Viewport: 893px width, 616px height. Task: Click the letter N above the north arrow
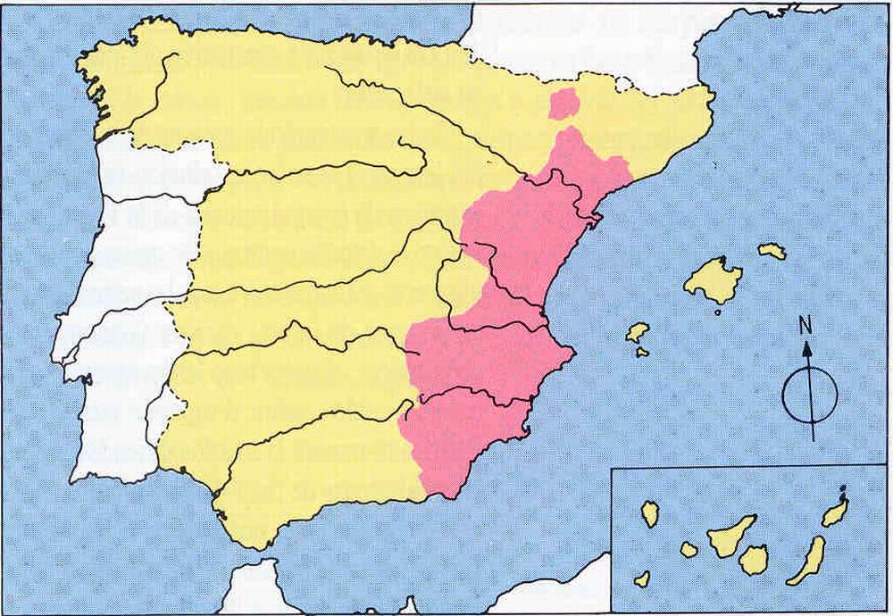coord(805,327)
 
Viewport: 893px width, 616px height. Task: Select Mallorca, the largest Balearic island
coord(712,280)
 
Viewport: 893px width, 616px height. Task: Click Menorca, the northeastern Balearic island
coord(772,252)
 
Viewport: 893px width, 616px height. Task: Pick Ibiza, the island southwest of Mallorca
coord(637,333)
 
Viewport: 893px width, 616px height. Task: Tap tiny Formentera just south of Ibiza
coord(642,353)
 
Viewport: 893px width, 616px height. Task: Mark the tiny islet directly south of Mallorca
coord(720,312)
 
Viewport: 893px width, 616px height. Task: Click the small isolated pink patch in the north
coord(563,104)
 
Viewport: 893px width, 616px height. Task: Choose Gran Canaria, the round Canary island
coord(755,560)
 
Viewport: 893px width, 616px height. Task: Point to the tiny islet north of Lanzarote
coord(844,490)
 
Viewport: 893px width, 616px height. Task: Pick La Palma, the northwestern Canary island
coord(650,513)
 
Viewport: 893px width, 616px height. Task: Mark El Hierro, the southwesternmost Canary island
coord(642,579)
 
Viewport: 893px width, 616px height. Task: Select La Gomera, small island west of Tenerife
coord(689,550)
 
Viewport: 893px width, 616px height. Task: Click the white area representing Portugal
coord(116,357)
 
